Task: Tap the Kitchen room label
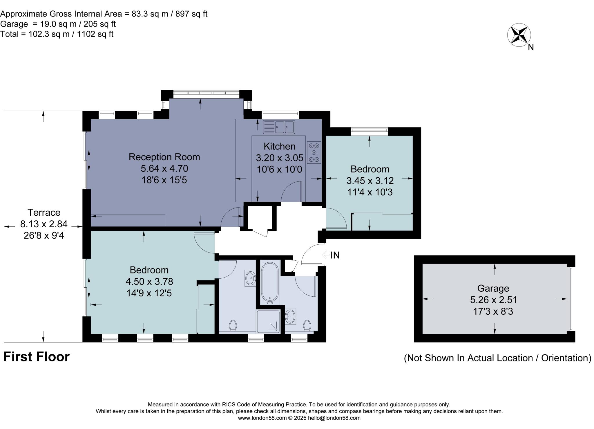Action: click(x=280, y=146)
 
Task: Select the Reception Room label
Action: click(x=164, y=157)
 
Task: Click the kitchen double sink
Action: click(x=279, y=127)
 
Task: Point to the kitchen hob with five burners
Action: click(x=314, y=152)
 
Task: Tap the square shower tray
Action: click(x=268, y=321)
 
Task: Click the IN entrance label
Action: click(x=335, y=255)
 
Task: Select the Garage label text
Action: click(x=493, y=288)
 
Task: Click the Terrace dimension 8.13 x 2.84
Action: click(x=44, y=224)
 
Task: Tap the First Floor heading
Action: click(x=37, y=357)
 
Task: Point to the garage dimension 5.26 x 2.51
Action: click(x=494, y=300)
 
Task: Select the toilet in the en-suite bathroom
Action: click(x=233, y=325)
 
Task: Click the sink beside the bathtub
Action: click(x=250, y=278)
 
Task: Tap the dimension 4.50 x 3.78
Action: click(x=149, y=282)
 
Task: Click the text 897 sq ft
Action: click(x=191, y=14)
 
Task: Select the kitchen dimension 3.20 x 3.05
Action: click(x=280, y=158)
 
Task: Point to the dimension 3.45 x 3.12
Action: click(x=370, y=181)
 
